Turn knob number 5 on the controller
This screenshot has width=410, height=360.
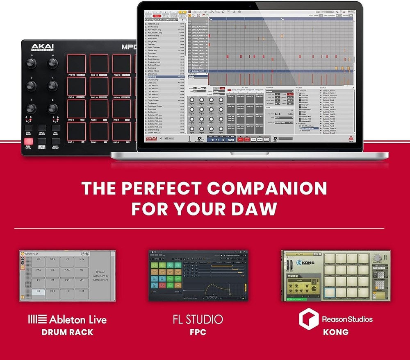tap(31, 63)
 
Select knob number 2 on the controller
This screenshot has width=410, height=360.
tap(52, 108)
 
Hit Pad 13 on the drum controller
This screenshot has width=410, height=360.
tap(76, 64)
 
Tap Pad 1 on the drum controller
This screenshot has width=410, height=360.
tap(76, 131)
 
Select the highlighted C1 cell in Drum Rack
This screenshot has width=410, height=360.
tap(38, 292)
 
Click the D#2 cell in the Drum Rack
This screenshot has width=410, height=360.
tap(82, 259)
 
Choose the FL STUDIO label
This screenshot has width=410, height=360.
tap(198, 319)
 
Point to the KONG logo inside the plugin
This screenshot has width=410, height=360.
tap(306, 262)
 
